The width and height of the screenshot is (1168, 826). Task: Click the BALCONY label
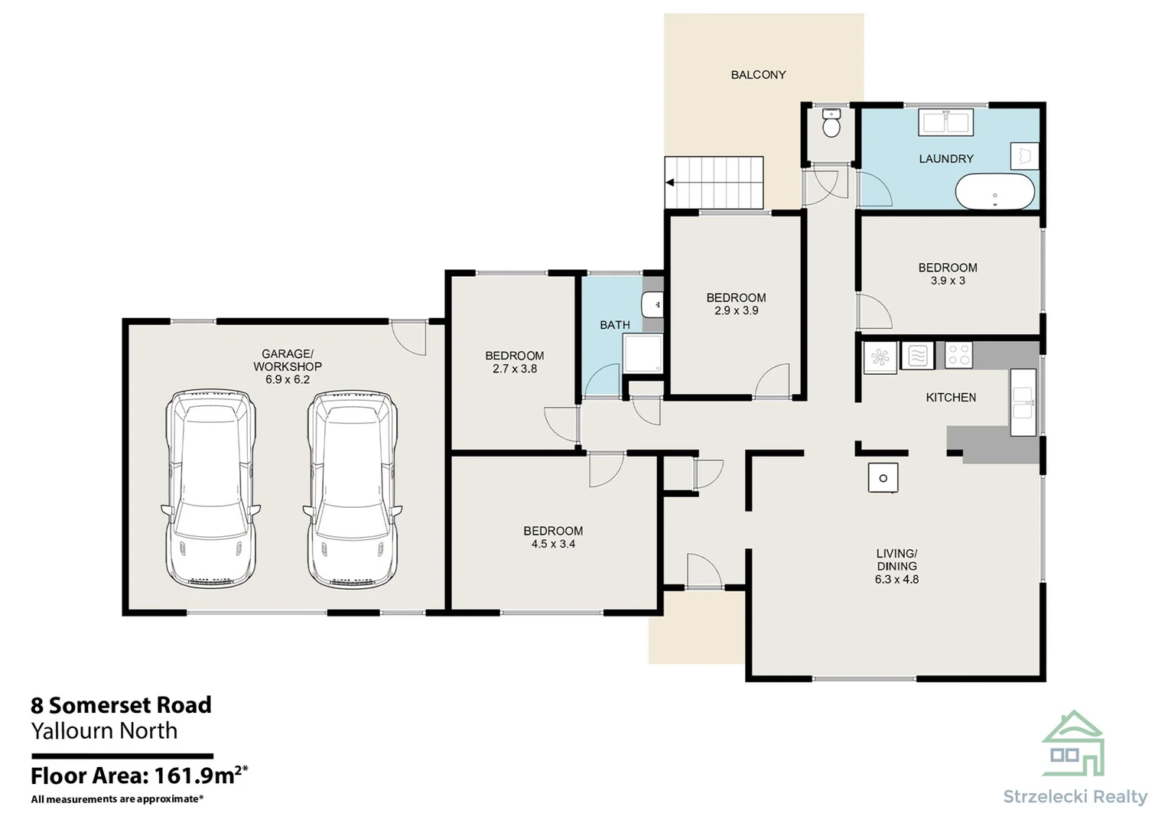point(758,75)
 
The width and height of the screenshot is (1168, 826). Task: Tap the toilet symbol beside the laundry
point(831,122)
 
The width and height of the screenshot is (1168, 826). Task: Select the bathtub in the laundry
point(994,191)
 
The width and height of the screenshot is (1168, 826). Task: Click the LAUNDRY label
point(946,159)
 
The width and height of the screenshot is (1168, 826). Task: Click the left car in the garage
point(210,488)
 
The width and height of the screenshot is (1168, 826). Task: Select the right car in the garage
point(353,488)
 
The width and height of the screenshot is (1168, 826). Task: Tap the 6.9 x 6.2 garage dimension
point(288,379)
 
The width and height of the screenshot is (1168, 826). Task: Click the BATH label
point(615,325)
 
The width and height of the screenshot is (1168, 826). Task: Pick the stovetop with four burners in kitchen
point(958,355)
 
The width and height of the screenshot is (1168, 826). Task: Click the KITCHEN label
point(951,398)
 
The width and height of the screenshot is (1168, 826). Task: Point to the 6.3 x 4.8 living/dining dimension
point(896,580)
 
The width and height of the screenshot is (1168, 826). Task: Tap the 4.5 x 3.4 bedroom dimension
point(553,544)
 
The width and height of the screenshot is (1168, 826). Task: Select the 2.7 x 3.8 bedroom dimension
point(515,369)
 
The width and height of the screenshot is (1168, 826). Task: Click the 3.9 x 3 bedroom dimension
point(948,281)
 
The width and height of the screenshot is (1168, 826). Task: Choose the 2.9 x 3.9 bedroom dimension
point(737,311)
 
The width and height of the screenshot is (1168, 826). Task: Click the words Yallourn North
point(104,731)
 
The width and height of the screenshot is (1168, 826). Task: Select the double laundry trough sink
point(946,123)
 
